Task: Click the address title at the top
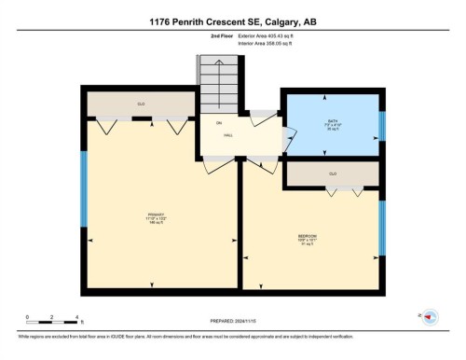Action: [x=232, y=21]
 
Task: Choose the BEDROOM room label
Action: [x=309, y=237]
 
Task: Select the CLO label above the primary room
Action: [x=142, y=104]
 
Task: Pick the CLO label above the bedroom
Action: [x=333, y=173]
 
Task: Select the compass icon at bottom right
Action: [x=430, y=317]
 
